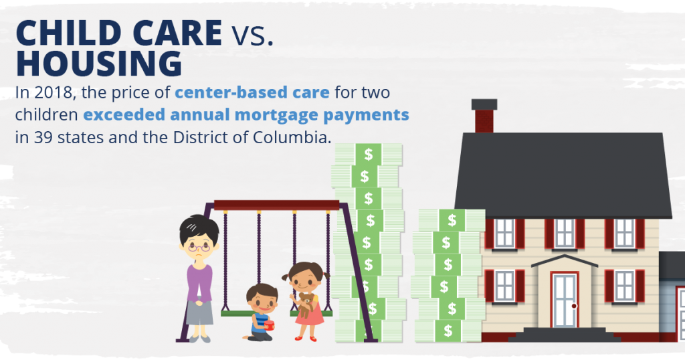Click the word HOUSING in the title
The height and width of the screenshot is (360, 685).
point(99,64)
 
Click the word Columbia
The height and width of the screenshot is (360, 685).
point(292,137)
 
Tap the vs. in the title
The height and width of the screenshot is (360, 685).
point(252,35)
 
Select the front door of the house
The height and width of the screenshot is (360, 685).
point(565,300)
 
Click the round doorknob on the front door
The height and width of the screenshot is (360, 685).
point(574,306)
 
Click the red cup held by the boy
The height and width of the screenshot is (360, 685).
point(270,325)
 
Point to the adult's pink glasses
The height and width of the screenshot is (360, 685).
point(199,248)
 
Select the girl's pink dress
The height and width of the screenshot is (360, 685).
point(309,312)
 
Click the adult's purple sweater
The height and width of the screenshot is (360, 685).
point(199,282)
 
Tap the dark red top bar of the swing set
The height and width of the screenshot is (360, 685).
point(276,205)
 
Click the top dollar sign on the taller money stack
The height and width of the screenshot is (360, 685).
point(369,154)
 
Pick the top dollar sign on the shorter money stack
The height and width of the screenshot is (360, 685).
point(452,220)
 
